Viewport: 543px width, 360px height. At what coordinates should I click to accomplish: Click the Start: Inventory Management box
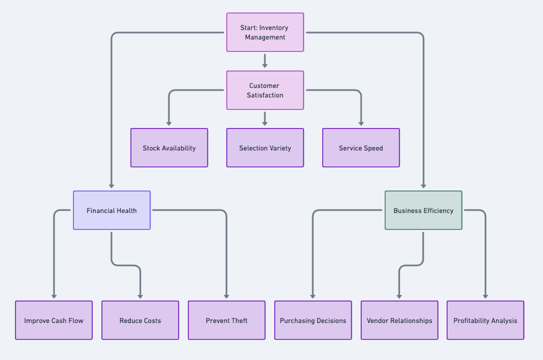point(265,32)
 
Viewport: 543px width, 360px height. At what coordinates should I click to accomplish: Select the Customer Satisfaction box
point(265,90)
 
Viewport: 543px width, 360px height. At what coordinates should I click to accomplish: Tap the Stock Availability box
point(169,148)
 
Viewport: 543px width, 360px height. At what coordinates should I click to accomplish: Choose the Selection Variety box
point(265,148)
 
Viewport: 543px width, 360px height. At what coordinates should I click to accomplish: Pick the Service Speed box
point(361,148)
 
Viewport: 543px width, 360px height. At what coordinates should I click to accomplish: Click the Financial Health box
point(112,210)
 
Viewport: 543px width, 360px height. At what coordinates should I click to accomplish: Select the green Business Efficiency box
point(423,210)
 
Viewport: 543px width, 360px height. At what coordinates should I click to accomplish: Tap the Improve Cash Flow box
point(54,320)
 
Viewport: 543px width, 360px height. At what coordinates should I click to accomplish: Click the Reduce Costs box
point(140,320)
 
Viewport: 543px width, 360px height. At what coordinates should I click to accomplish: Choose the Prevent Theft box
point(227,320)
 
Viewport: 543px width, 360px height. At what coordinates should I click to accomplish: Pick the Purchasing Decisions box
point(313,320)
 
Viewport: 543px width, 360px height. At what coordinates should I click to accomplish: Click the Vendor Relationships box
point(399,320)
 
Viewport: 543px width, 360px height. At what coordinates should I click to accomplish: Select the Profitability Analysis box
point(485,320)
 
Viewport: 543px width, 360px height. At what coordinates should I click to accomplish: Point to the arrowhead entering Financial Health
point(111,186)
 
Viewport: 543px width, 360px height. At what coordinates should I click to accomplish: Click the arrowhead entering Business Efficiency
point(424,186)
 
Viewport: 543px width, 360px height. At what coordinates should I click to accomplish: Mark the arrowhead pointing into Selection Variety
point(265,123)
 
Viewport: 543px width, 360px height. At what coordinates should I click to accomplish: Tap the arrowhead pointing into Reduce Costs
point(140,296)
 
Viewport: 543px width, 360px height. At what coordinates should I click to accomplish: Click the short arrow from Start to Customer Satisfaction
point(265,61)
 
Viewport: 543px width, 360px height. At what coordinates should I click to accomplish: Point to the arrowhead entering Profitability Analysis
point(486,296)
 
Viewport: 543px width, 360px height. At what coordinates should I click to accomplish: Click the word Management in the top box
point(265,37)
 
